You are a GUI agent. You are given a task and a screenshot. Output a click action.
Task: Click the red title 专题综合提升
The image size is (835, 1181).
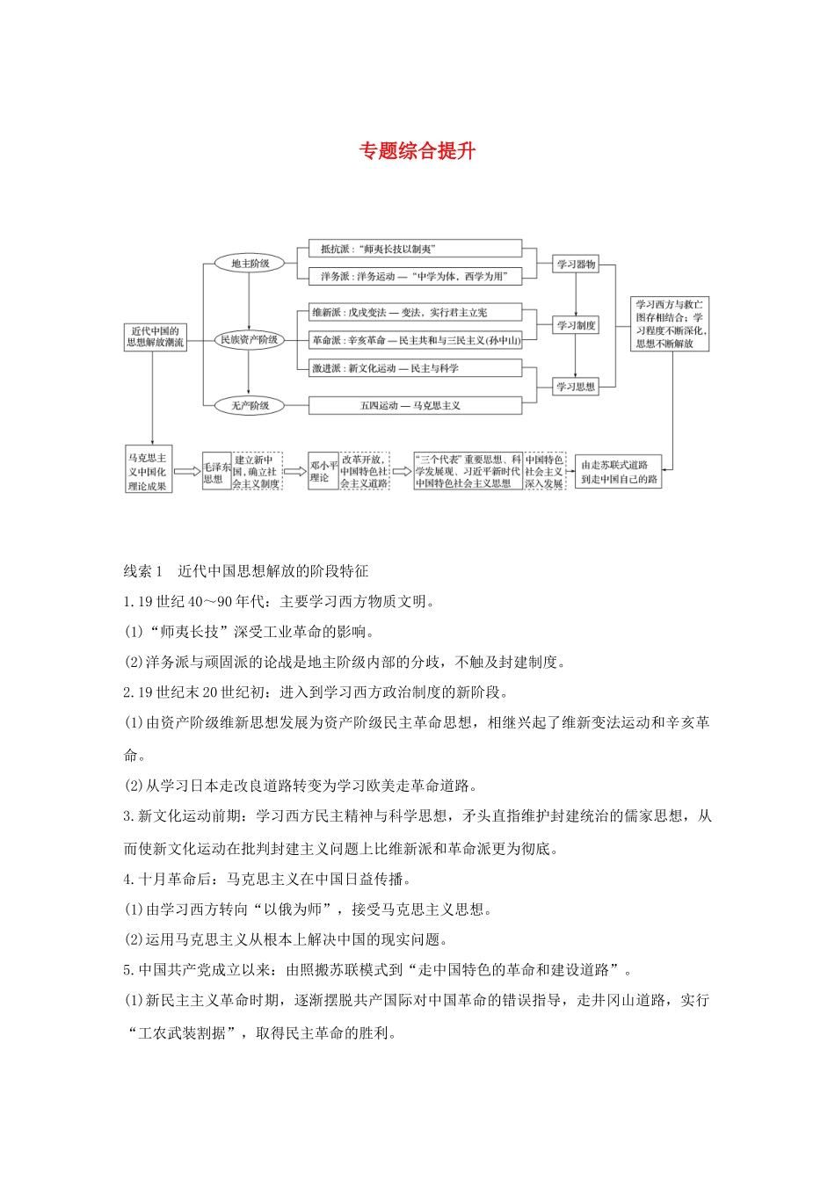tap(417, 151)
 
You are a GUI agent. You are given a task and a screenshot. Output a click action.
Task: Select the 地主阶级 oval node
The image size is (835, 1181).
tap(250, 264)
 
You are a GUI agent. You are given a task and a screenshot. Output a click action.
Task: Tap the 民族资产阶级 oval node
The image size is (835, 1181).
tap(249, 339)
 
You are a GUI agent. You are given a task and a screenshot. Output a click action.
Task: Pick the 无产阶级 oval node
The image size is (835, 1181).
tap(250, 405)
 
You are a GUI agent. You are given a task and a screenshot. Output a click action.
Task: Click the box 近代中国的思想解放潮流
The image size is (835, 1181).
tap(155, 337)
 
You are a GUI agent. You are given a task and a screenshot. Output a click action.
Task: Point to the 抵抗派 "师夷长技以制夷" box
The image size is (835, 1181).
tap(415, 250)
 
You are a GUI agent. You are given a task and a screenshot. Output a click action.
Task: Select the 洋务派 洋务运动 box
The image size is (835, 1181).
tap(415, 276)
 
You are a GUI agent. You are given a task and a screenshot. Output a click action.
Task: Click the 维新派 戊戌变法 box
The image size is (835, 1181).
tap(415, 313)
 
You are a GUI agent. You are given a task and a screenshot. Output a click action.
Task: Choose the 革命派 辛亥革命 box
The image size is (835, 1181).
tap(415, 340)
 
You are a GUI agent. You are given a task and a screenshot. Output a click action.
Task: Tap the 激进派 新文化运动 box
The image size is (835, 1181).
tap(415, 368)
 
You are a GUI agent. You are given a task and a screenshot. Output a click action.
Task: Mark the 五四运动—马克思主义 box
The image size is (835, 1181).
tap(415, 406)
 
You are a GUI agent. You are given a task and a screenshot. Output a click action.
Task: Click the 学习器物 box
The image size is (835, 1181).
tap(576, 264)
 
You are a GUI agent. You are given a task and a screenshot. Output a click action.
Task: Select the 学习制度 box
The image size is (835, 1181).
tap(576, 325)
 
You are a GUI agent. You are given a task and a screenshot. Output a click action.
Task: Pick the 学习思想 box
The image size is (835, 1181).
tap(576, 386)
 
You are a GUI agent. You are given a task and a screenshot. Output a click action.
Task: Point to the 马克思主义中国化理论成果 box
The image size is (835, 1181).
tap(148, 472)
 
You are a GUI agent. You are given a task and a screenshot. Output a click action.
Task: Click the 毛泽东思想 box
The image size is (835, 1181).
tap(216, 472)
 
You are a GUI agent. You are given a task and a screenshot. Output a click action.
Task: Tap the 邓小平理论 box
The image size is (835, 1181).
tap(323, 472)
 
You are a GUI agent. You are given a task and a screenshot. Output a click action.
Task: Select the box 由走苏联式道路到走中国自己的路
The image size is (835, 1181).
tap(619, 472)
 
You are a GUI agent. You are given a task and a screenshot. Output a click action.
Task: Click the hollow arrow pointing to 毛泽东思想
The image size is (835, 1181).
tap(187, 472)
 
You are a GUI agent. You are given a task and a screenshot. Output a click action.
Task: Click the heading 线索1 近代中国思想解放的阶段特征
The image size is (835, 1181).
tap(246, 571)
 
